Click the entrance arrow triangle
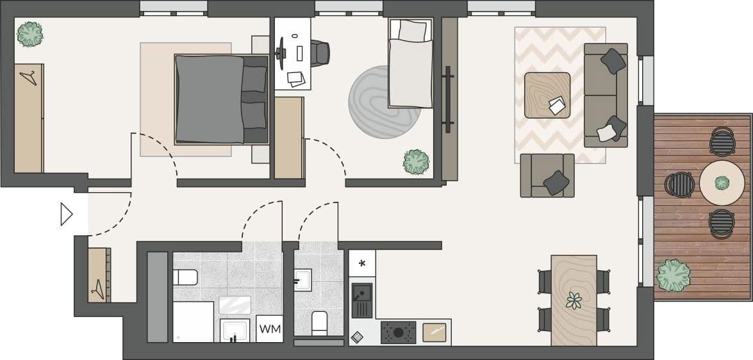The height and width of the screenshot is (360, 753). click(x=66, y=215)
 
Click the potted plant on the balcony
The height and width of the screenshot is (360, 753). click(x=674, y=274)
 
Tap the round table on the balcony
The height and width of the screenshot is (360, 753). click(x=722, y=183)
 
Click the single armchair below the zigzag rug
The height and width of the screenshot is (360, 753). click(x=547, y=176)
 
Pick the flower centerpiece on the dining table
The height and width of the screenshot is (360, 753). click(x=574, y=300)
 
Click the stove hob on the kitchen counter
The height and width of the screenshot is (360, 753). click(x=398, y=332)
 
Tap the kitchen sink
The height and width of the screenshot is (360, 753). click(x=362, y=300)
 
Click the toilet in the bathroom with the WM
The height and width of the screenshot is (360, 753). click(x=185, y=277)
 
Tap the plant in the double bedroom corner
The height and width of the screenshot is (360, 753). click(x=30, y=34)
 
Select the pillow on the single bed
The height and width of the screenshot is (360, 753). click(x=410, y=30)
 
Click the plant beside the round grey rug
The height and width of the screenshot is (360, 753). click(x=416, y=161)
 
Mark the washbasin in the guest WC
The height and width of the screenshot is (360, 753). click(x=303, y=279)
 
